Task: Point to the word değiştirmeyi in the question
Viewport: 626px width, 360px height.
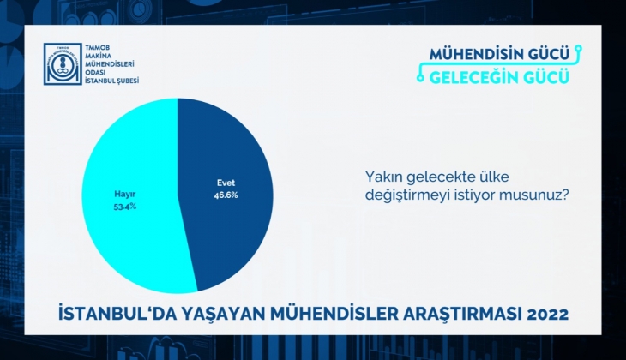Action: (x=406, y=195)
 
